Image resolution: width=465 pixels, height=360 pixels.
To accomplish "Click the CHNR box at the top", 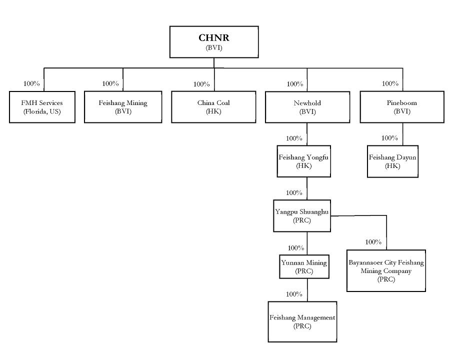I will click(x=213, y=42).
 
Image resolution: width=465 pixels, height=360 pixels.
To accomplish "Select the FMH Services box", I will click(x=42, y=107).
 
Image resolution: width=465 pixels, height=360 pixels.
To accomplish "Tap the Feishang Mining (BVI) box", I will click(x=123, y=107).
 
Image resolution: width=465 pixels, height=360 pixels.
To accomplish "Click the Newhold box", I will click(x=307, y=107).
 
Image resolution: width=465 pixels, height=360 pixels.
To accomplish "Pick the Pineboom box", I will click(x=401, y=107).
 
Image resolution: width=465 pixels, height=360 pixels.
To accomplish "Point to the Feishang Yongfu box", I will click(x=304, y=161).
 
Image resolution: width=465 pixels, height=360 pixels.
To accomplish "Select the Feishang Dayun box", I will click(x=392, y=161).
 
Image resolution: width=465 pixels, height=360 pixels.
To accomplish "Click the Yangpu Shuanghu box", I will click(x=302, y=215).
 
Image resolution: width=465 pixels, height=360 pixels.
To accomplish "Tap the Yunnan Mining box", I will click(x=304, y=266).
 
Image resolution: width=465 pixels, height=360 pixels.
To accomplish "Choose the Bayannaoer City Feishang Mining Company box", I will click(x=386, y=270).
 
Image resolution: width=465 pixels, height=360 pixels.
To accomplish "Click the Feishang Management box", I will click(x=302, y=321).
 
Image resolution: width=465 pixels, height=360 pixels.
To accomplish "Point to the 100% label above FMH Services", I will click(x=32, y=83).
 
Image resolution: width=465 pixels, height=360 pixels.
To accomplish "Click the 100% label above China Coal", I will click(x=201, y=84).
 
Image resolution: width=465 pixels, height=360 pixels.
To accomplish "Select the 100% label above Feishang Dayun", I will click(x=389, y=138).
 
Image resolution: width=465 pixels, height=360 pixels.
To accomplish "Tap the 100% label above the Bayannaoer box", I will click(x=373, y=242).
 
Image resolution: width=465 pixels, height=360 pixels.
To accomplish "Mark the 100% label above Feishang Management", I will click(x=294, y=294).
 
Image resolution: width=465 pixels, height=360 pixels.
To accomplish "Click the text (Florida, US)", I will click(x=42, y=111).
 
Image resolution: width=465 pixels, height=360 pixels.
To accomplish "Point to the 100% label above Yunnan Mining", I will click(x=295, y=247).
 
